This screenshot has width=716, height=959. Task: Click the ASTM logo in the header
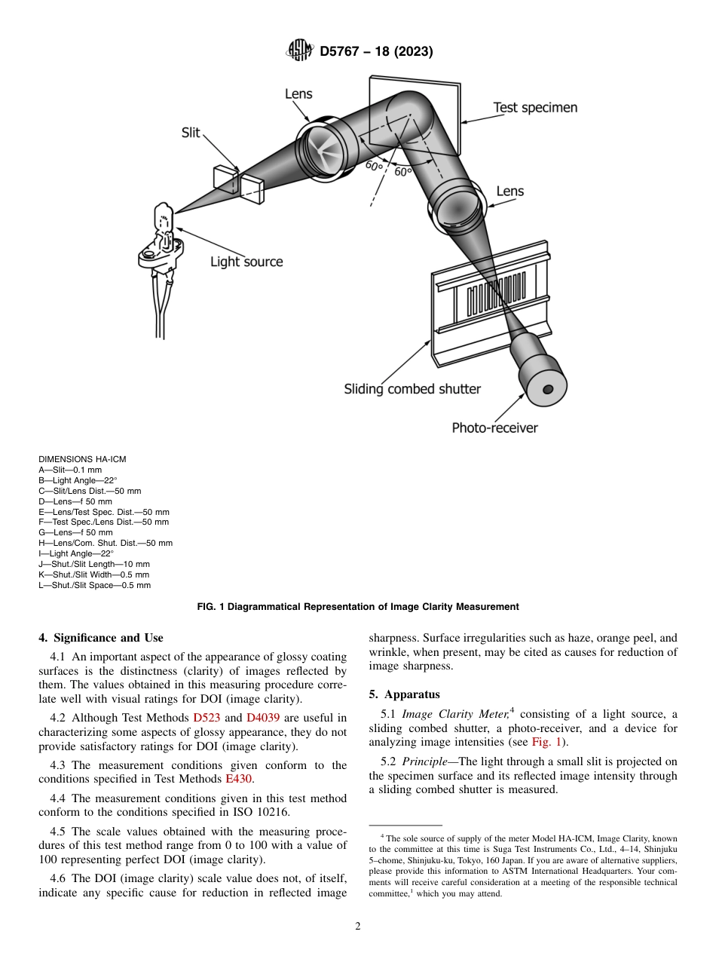[299, 51]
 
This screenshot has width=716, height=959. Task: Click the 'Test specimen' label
[535, 108]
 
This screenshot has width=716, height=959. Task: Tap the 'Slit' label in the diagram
[191, 133]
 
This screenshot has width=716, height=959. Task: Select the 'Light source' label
[246, 262]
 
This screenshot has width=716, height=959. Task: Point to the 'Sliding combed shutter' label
[412, 389]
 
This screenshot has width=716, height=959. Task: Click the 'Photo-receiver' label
[494, 427]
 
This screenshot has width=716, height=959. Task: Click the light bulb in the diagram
[164, 219]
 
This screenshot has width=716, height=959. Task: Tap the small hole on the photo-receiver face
[548, 389]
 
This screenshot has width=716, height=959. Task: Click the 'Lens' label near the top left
[298, 94]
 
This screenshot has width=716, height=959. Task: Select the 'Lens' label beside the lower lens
[509, 191]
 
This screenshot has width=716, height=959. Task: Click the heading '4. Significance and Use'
[100, 638]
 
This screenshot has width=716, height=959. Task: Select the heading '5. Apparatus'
[404, 694]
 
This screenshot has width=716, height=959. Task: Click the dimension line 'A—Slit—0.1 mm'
[70, 470]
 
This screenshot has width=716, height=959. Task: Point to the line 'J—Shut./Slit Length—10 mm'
[93, 564]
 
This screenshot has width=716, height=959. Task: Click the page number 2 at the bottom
[358, 927]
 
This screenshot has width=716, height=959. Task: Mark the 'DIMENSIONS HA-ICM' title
[82, 459]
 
